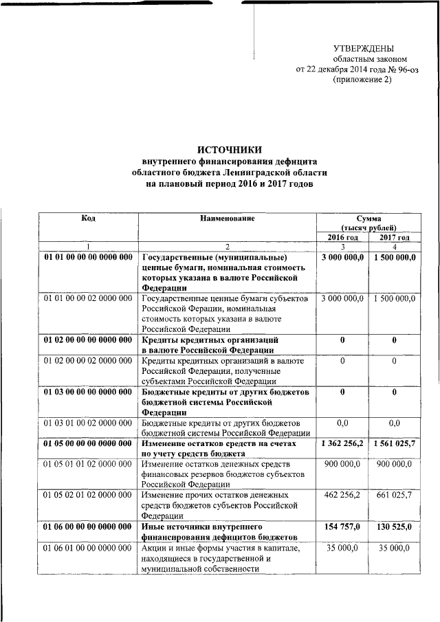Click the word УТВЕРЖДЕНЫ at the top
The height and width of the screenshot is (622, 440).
[363, 48]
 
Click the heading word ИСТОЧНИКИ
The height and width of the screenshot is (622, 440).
[230, 150]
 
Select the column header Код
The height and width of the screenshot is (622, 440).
[88, 218]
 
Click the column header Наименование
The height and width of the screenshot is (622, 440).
[227, 218]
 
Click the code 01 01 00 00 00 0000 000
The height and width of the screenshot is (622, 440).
[88, 257]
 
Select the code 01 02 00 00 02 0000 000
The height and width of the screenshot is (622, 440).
[88, 361]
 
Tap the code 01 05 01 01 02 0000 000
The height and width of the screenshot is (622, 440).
[88, 465]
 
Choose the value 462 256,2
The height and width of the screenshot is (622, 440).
[342, 495]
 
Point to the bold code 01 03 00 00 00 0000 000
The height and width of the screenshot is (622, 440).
[88, 392]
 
